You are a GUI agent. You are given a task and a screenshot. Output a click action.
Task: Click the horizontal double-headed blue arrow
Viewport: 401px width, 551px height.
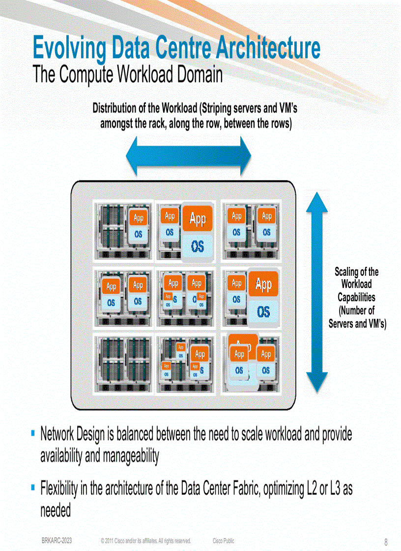[x=189, y=156]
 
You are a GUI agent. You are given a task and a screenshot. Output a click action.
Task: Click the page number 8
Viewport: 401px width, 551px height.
[x=386, y=542]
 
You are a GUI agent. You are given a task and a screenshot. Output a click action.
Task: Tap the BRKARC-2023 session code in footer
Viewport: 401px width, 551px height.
[x=57, y=541]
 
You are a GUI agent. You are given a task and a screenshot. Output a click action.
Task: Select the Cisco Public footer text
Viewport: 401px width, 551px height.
[x=224, y=541]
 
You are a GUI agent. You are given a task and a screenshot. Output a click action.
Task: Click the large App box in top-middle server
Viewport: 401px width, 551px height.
[x=198, y=219]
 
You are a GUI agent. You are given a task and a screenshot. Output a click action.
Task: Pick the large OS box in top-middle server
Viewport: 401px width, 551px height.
[x=198, y=247]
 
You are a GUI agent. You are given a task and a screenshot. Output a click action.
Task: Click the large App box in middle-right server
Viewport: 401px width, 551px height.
[x=263, y=284]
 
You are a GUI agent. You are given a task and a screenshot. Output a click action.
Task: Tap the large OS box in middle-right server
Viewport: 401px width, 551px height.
[x=263, y=312]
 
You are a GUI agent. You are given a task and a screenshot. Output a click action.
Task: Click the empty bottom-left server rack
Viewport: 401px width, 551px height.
[x=123, y=364]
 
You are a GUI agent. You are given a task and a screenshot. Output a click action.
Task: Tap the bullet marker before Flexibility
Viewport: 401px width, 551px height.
[x=32, y=488]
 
